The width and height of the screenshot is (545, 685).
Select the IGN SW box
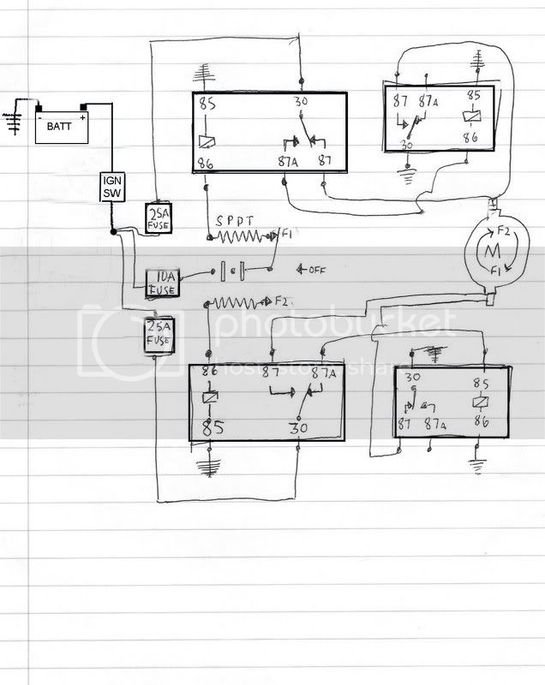pyautogui.click(x=113, y=188)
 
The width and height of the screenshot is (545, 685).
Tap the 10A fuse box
pyautogui.click(x=162, y=282)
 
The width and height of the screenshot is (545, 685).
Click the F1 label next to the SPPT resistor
pyautogui.click(x=286, y=234)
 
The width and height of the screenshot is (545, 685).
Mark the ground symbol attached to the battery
pyautogui.click(x=12, y=119)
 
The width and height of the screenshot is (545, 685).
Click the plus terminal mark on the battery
pyautogui.click(x=83, y=117)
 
